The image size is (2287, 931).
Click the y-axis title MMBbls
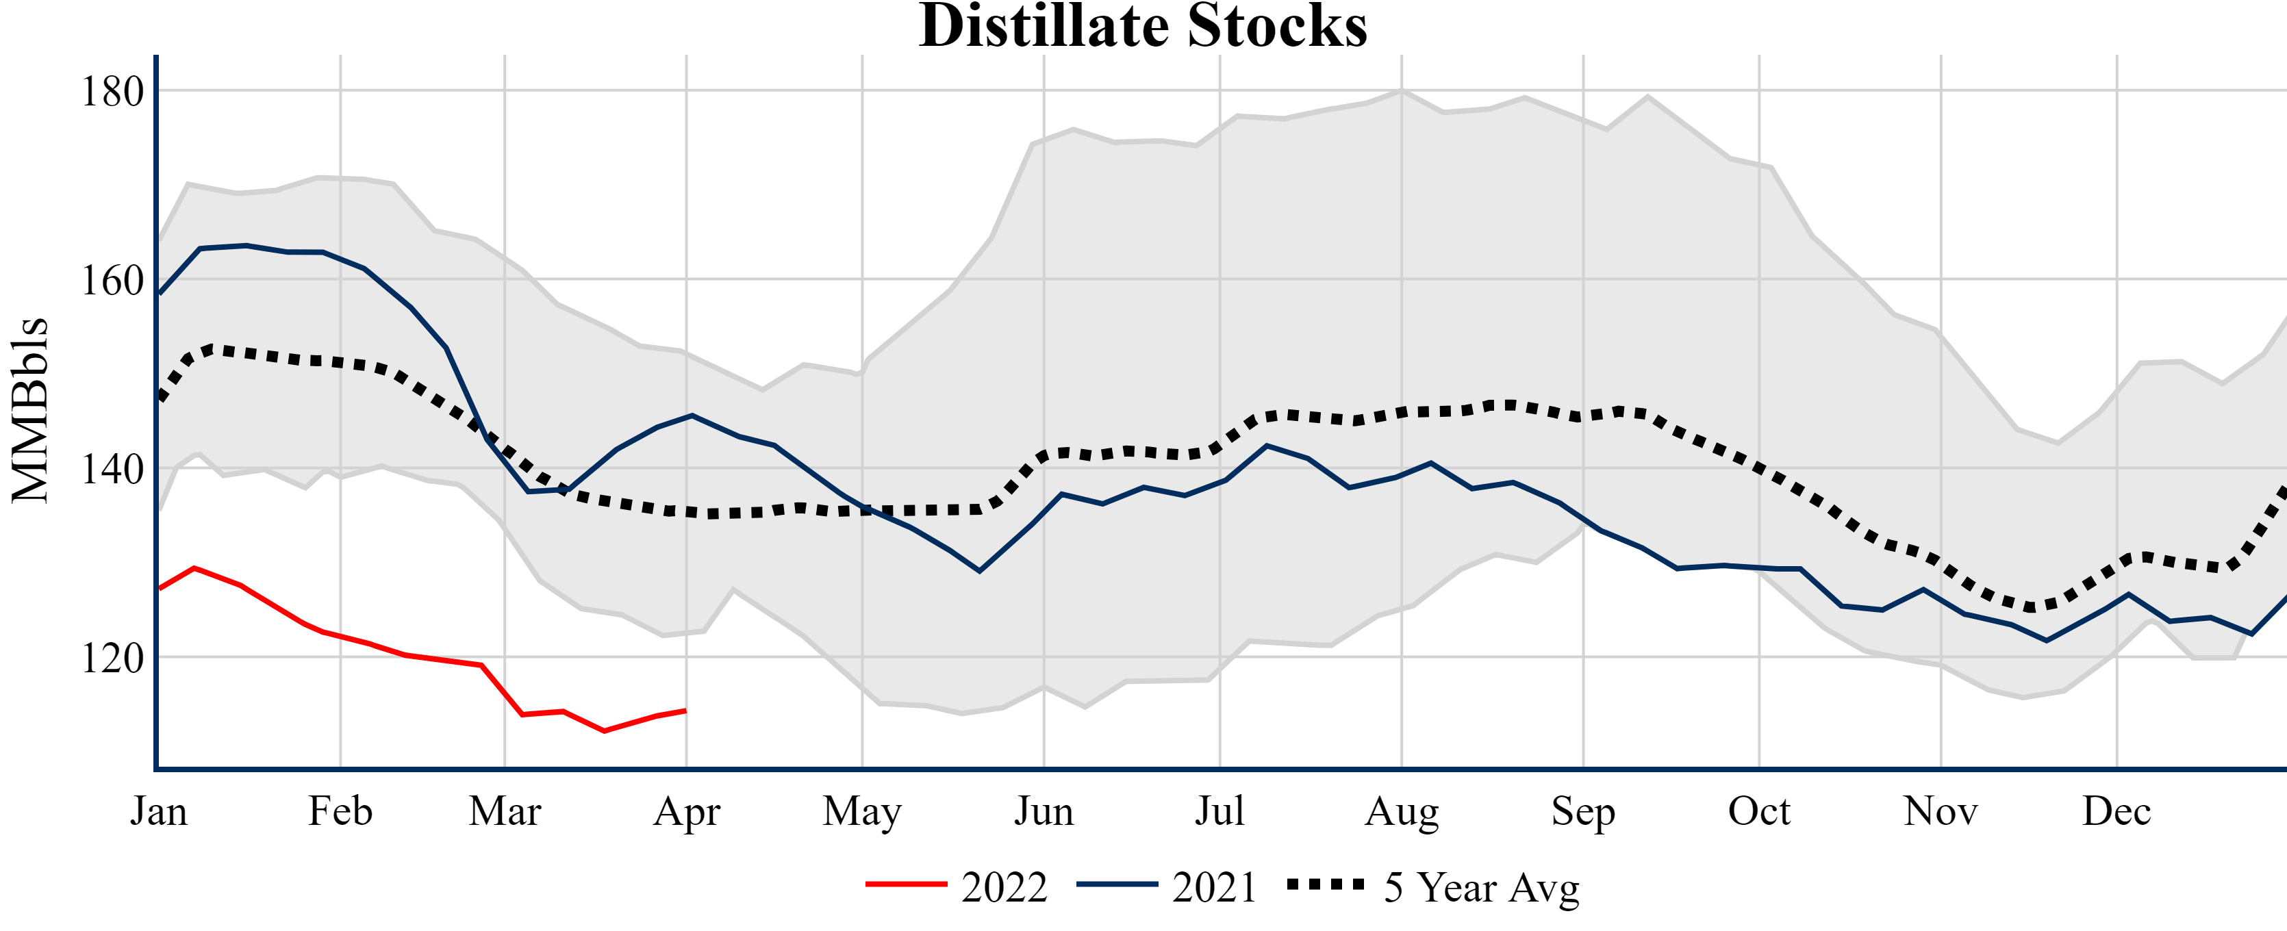30,410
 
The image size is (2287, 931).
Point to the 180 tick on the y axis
112,92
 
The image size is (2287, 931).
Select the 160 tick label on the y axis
112,281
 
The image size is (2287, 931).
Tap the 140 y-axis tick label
112,470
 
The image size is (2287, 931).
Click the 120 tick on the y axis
112,659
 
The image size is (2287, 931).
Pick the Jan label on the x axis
159,811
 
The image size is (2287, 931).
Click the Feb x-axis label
340,811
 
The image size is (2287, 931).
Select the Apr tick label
686,811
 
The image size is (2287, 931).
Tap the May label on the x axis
861,811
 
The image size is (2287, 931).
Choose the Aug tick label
1401,811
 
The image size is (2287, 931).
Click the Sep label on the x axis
1582,811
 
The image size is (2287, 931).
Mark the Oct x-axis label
1759,811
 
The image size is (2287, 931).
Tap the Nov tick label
1940,811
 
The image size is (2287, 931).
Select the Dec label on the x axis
2117,811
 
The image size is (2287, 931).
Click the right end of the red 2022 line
685,710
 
